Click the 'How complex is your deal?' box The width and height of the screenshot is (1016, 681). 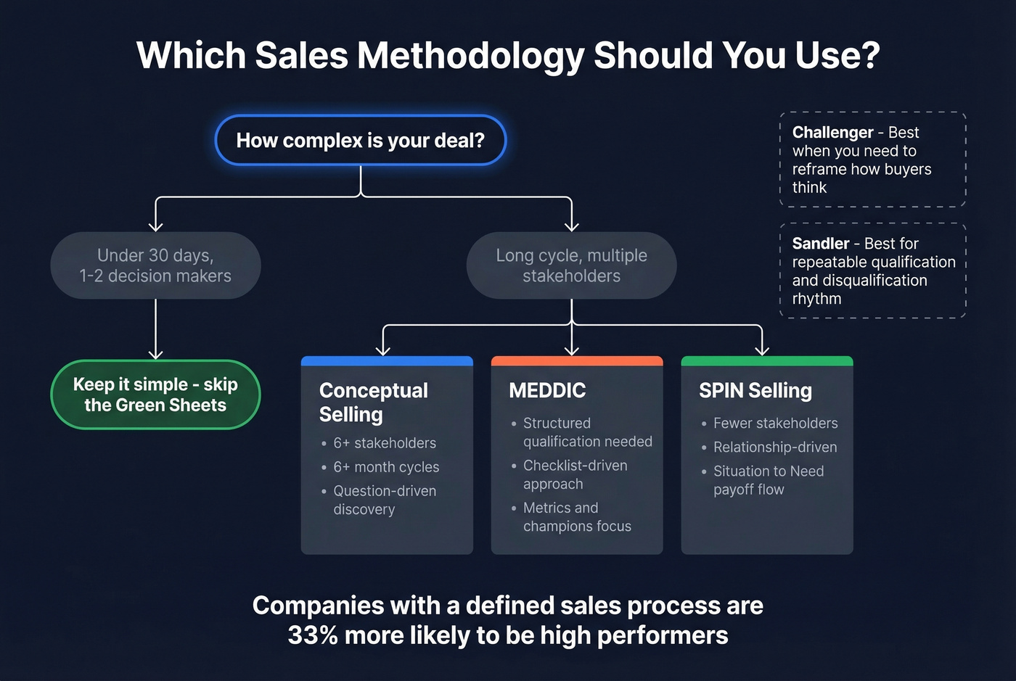360,140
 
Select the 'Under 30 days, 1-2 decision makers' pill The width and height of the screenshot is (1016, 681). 155,265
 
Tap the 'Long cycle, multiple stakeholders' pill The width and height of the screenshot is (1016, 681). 571,265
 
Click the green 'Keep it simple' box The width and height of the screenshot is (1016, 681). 155,395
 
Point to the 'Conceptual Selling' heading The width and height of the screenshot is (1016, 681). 373,402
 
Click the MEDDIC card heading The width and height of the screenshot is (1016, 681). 547,390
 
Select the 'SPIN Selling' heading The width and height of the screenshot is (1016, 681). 755,390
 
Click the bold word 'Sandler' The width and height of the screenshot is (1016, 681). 820,244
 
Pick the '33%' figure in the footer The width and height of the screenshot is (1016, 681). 313,635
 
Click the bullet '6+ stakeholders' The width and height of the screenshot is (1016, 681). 385,443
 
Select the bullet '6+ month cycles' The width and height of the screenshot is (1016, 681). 386,467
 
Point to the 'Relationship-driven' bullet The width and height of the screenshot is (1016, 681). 775,447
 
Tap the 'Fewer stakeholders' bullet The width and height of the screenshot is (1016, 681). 775,424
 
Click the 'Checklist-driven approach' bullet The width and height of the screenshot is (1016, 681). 575,474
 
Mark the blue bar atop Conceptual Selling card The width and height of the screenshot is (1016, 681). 387,360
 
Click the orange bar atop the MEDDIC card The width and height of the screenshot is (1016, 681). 577,360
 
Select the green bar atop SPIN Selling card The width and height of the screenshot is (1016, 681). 767,360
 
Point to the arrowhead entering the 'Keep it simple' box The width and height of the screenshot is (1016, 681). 155,354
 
